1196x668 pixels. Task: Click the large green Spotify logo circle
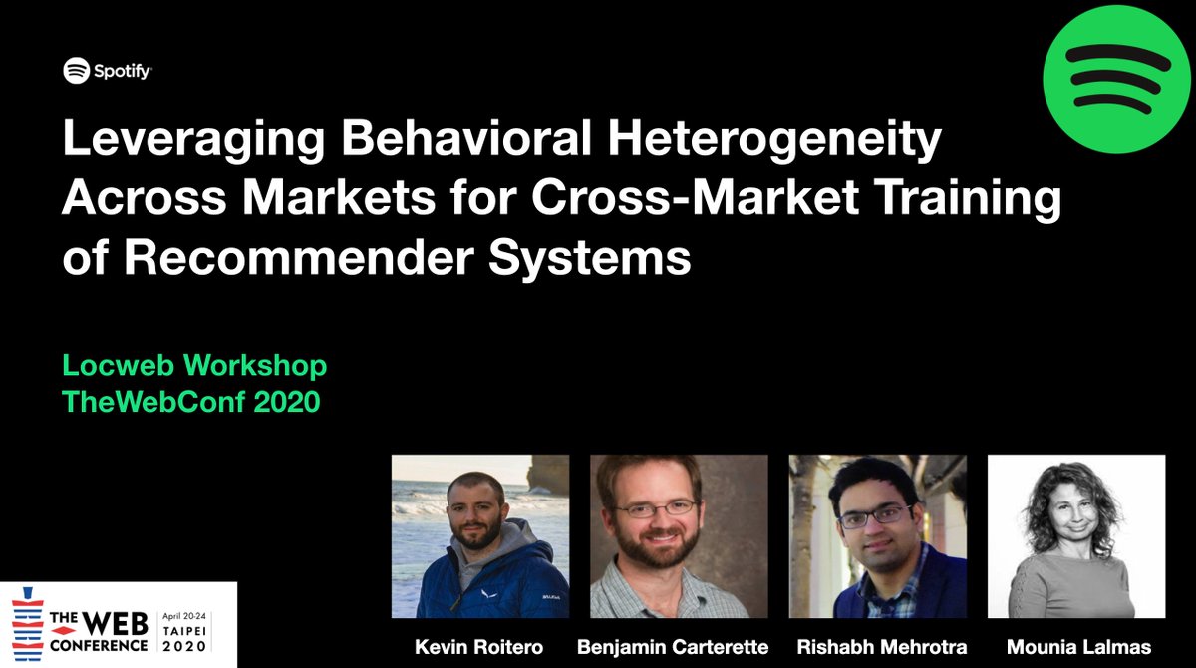click(1117, 78)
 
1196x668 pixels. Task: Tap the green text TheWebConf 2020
click(191, 403)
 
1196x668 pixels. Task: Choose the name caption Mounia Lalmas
click(1076, 648)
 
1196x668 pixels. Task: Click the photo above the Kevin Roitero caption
click(479, 536)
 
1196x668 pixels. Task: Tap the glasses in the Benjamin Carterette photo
click(655, 508)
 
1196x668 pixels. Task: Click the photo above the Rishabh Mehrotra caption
click(877, 536)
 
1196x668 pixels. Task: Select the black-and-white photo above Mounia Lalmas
click(1076, 536)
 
